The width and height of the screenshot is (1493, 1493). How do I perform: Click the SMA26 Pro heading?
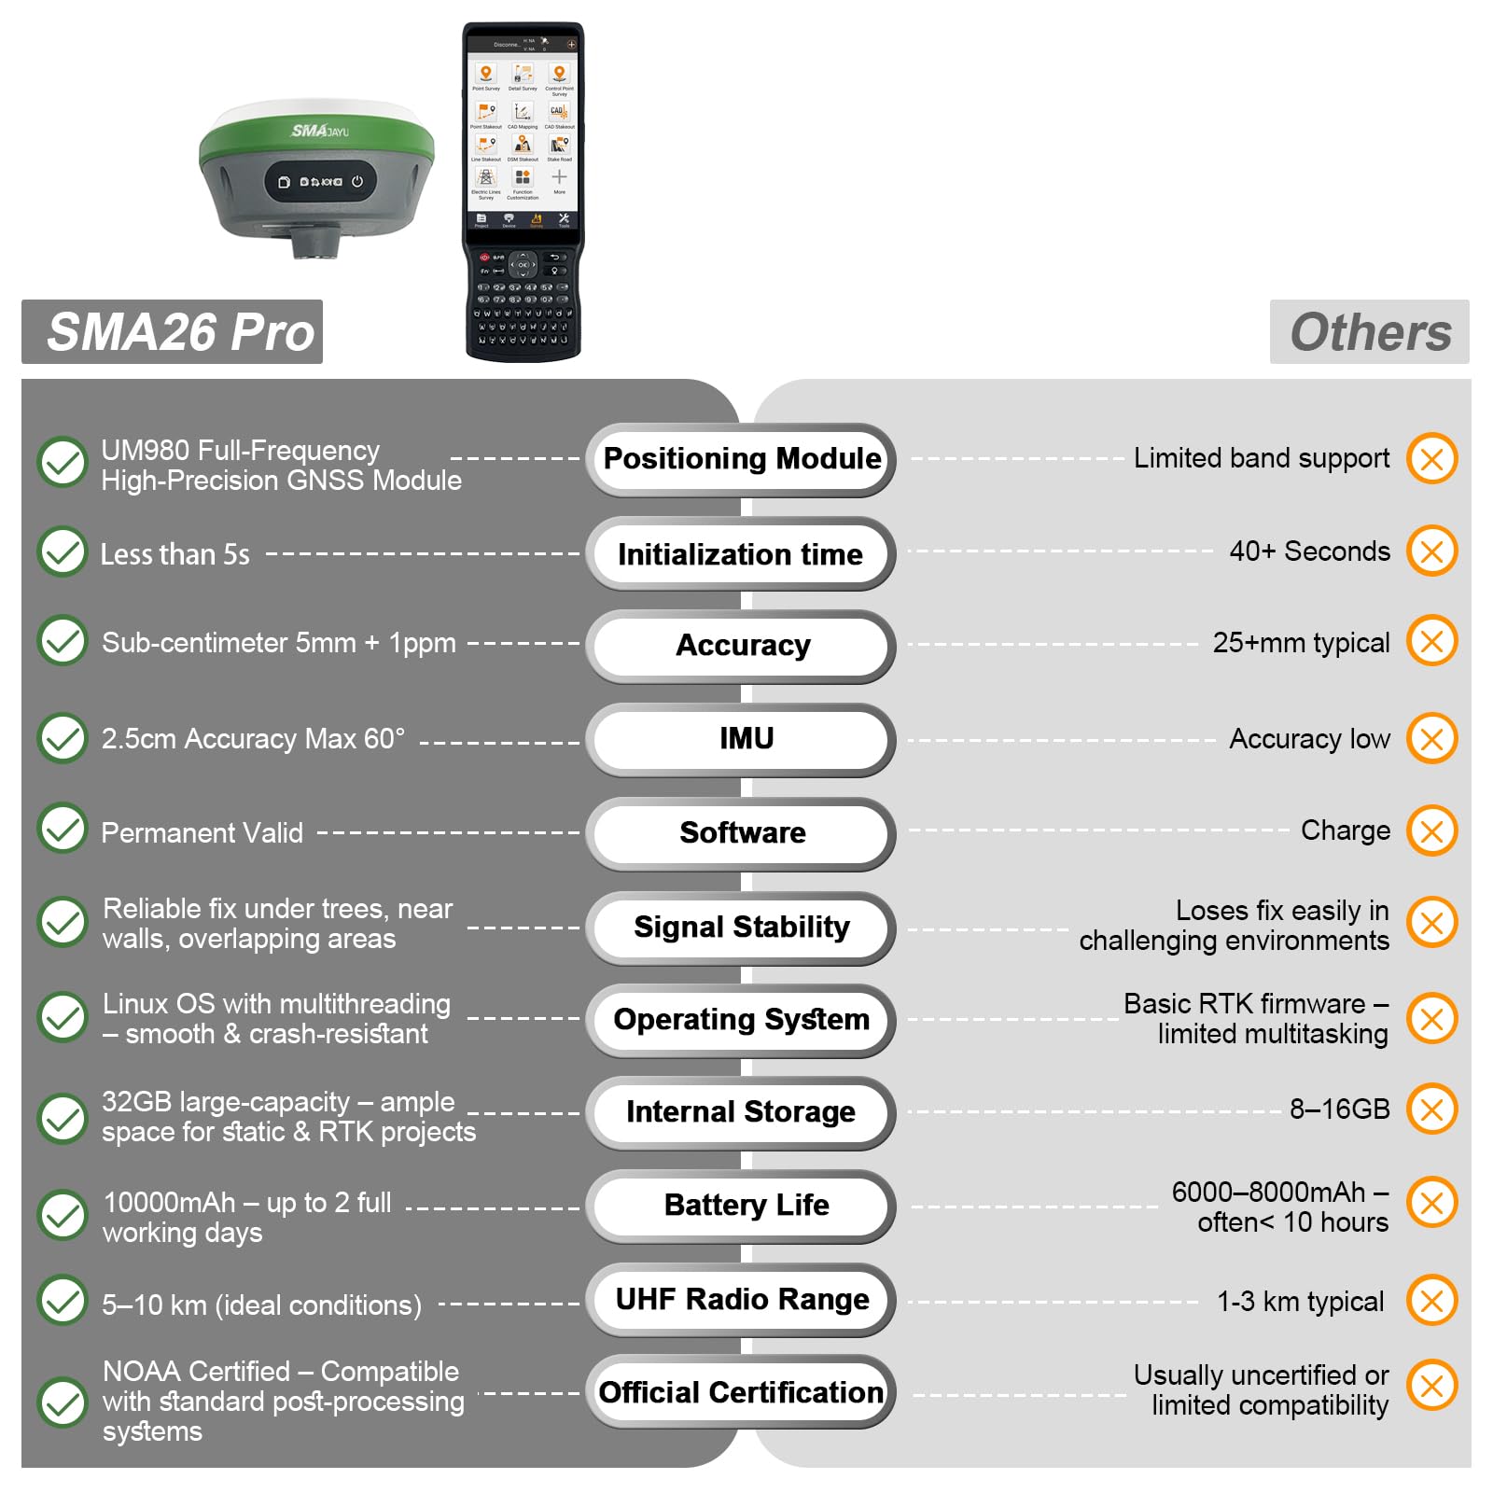[x=180, y=332]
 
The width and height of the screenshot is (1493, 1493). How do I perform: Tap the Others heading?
[x=1370, y=332]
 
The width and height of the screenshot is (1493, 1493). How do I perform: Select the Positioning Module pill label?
[x=742, y=459]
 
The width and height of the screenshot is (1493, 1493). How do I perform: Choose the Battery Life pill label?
[x=746, y=1205]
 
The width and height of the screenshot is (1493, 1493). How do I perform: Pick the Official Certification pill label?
[x=741, y=1392]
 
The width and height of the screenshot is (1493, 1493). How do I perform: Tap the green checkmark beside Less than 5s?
[x=63, y=551]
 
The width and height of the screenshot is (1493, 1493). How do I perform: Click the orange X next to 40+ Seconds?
[x=1432, y=551]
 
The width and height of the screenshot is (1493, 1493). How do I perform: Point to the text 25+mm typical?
[x=1301, y=643]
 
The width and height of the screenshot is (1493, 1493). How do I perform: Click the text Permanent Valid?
[x=202, y=832]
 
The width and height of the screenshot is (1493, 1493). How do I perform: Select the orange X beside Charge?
[x=1432, y=830]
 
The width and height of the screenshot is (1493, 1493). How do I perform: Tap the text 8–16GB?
[x=1339, y=1109]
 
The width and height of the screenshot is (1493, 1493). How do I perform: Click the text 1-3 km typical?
[x=1300, y=1301]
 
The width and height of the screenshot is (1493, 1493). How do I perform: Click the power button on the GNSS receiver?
[x=357, y=182]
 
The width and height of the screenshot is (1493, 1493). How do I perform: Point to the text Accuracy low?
[x=1309, y=739]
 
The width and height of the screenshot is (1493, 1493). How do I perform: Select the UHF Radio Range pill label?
[x=742, y=1299]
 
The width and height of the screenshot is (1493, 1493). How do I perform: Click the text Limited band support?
[x=1262, y=458]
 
